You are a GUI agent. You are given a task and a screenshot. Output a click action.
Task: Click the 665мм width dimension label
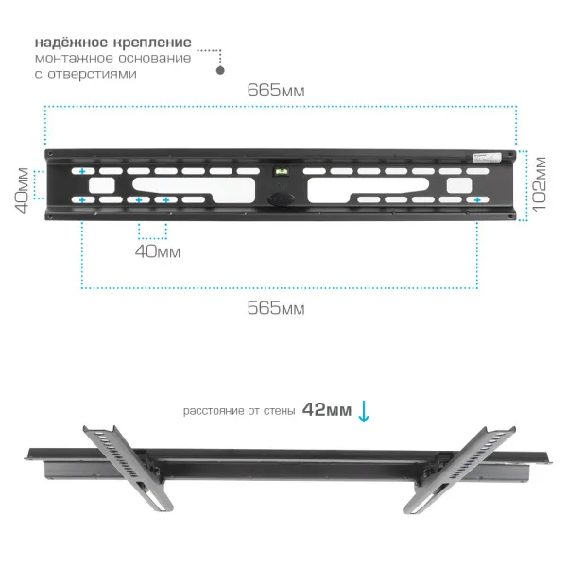tap(276, 91)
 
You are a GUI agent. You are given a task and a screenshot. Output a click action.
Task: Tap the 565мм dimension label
tap(276, 308)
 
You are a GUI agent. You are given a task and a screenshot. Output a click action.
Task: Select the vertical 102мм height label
tap(539, 184)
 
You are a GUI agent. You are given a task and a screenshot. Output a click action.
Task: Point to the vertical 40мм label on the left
tap(22, 190)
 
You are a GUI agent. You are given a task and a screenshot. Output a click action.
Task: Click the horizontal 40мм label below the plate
tap(158, 251)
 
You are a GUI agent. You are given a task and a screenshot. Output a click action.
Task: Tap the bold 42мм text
tap(327, 410)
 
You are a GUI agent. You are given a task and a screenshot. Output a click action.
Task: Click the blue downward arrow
tap(364, 411)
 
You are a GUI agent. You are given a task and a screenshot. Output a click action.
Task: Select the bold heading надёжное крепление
tap(113, 43)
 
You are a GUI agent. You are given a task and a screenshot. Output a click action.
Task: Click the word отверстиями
tap(92, 74)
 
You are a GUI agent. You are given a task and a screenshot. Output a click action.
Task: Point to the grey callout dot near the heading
tap(220, 70)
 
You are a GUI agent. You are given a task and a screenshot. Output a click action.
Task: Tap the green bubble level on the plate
tap(282, 172)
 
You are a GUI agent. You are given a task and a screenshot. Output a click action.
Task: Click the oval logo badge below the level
tap(281, 198)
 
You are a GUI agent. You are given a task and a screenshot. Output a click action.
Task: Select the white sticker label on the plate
tap(488, 158)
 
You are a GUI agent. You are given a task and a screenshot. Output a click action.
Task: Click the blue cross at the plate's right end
tap(477, 200)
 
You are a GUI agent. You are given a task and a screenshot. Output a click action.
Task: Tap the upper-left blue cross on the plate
tap(82, 171)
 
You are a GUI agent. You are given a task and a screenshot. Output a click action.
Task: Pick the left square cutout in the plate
tap(102, 185)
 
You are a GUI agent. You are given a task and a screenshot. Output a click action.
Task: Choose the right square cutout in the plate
tap(459, 185)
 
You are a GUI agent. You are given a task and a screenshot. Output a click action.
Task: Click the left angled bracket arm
tap(129, 469)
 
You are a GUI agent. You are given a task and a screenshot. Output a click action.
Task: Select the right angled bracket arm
tap(459, 470)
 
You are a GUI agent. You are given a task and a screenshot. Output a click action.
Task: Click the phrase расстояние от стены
tap(239, 411)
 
